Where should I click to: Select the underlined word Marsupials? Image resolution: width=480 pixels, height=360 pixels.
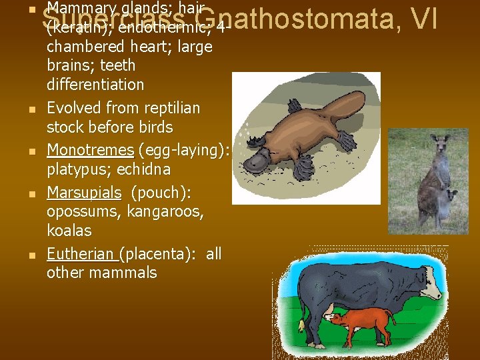coord(85,193)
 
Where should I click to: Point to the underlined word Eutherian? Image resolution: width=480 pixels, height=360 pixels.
coord(81,254)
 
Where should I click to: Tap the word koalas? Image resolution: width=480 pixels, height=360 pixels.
coord(69,231)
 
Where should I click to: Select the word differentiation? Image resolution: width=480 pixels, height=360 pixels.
coord(95,85)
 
